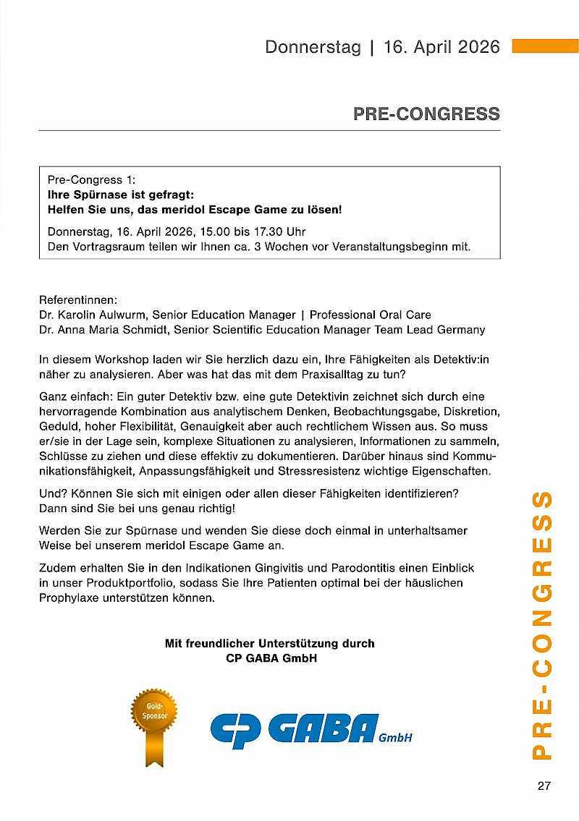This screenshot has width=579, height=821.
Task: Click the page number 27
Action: coord(544,786)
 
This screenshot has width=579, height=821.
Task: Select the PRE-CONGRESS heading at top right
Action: coord(426,114)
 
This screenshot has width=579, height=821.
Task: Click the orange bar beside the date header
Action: coord(545,46)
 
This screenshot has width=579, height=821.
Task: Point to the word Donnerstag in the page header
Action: coord(313,47)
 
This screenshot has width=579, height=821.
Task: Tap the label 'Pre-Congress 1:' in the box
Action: coord(91,179)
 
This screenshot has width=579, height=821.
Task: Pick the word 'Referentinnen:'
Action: coord(78,299)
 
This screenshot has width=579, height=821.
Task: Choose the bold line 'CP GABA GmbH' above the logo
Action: coord(271,659)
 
